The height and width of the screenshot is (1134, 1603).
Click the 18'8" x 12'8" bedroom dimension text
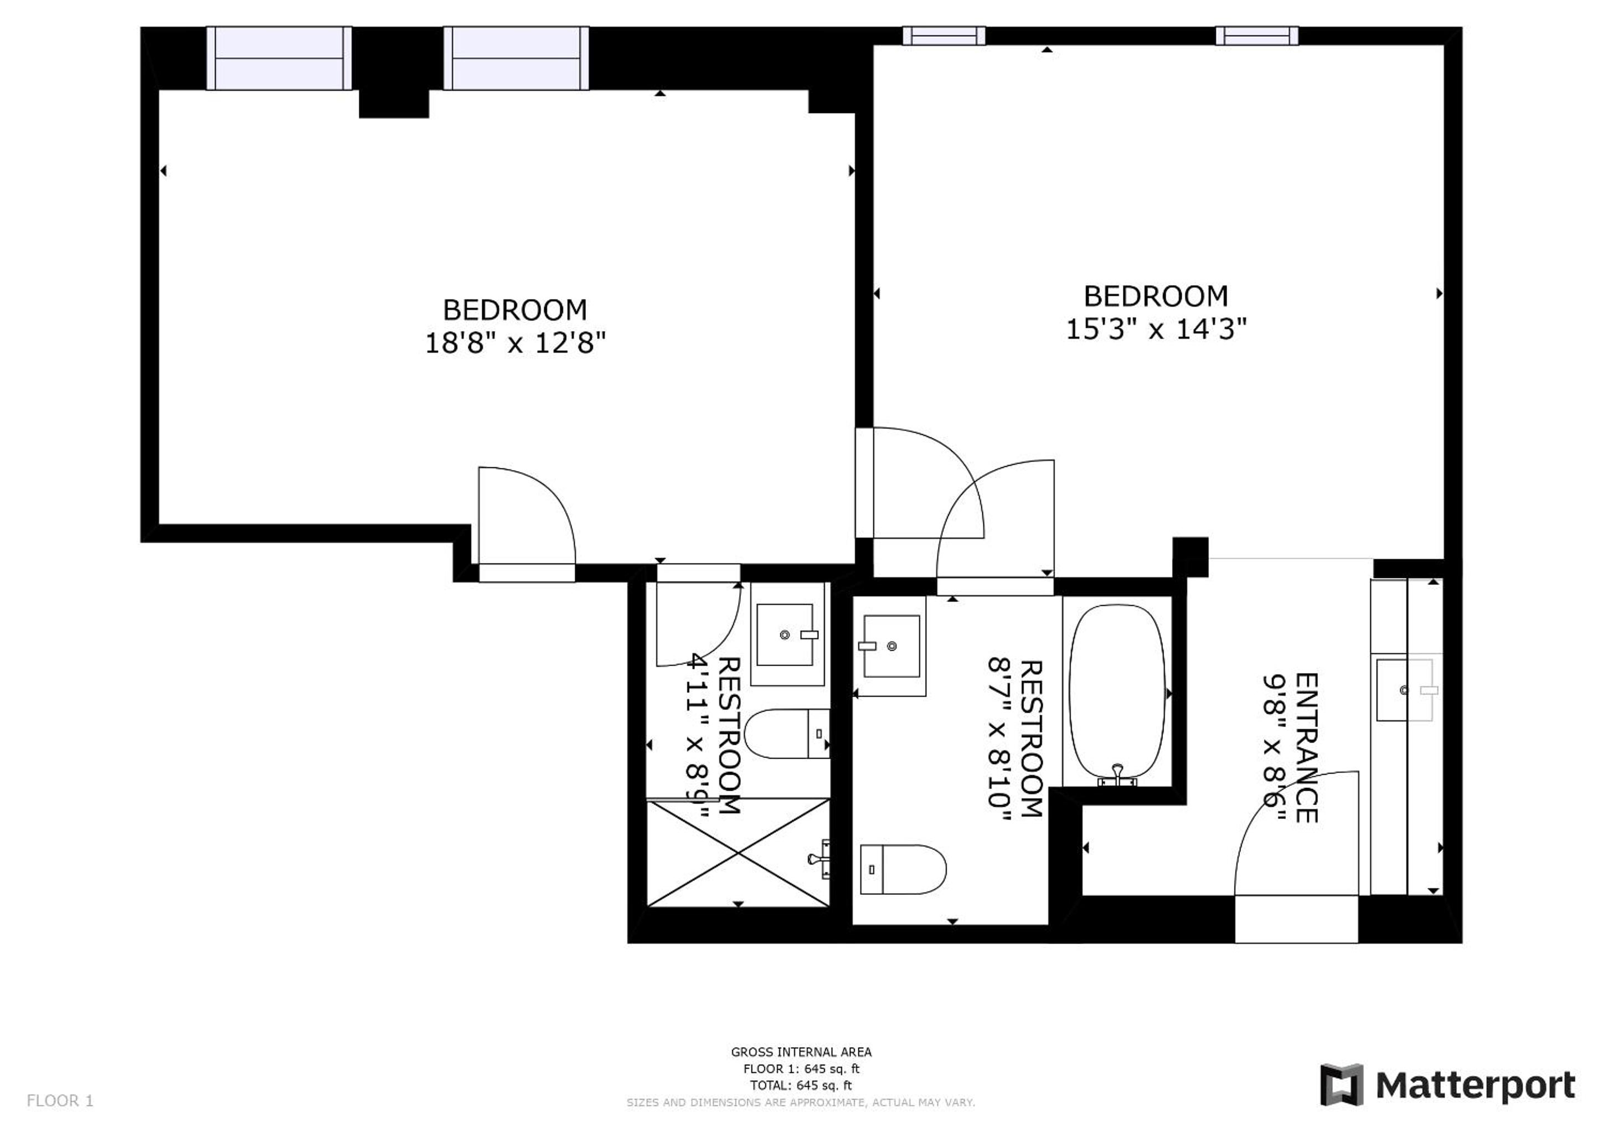[516, 343]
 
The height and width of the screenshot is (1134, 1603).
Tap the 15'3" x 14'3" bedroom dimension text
[1156, 329]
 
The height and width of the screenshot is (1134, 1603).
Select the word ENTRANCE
[1306, 748]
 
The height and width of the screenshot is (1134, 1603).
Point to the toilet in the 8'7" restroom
[903, 869]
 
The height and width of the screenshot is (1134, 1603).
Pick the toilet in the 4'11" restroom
[787, 734]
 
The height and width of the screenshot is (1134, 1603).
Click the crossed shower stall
[738, 853]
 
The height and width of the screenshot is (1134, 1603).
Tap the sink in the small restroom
[787, 635]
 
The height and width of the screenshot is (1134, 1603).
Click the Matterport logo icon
[1341, 1085]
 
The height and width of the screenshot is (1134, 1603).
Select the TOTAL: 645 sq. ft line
[801, 1085]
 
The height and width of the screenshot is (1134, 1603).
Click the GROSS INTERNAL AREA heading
[801, 1051]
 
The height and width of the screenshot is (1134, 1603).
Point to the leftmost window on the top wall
[279, 59]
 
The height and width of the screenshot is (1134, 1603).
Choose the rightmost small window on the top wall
[1257, 35]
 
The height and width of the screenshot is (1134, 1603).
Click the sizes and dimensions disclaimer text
[801, 1102]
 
